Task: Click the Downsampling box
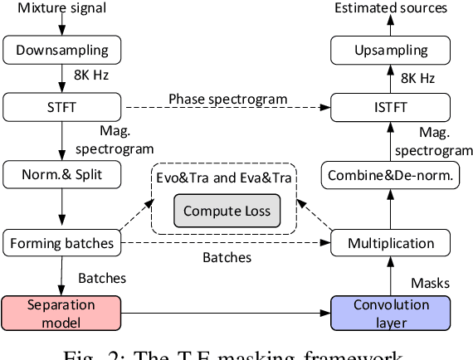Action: [x=62, y=51]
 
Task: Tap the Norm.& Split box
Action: [x=62, y=175]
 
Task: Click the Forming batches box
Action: [x=62, y=244]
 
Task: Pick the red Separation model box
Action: [x=62, y=312]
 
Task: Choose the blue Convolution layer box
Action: [x=390, y=312]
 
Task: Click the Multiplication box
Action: [x=390, y=244]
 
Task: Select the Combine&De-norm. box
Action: [x=390, y=175]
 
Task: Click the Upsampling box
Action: [x=390, y=51]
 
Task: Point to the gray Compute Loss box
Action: [x=227, y=211]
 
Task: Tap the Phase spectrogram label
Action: [x=227, y=98]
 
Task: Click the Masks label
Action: [x=431, y=283]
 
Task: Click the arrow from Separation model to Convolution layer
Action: [x=224, y=313]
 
